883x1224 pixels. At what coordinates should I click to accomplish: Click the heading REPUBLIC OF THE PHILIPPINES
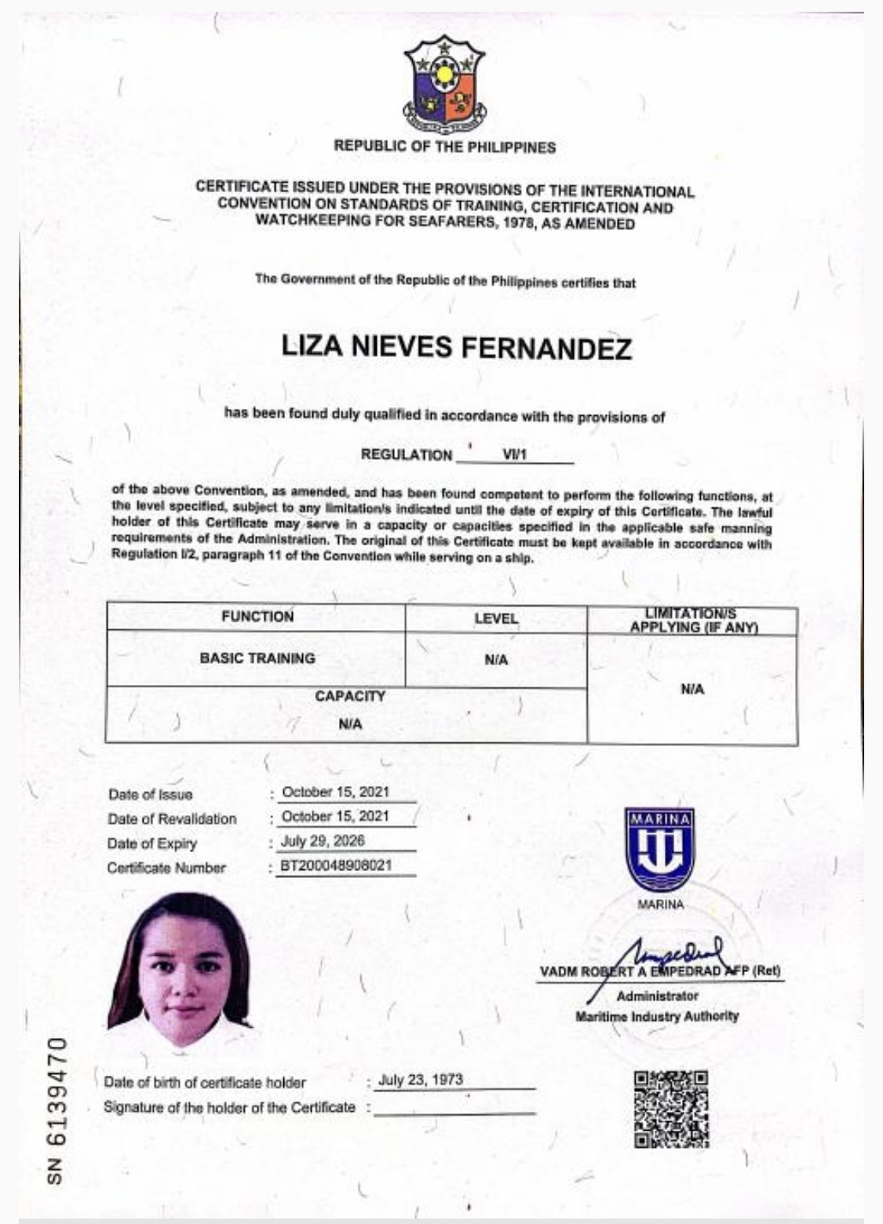444,147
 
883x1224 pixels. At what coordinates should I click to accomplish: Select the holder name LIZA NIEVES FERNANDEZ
456,348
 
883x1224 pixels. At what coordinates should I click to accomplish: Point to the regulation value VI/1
514,454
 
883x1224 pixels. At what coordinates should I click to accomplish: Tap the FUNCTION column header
257,617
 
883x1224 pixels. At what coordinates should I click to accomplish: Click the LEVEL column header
496,618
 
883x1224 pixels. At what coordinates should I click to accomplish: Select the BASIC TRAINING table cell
257,658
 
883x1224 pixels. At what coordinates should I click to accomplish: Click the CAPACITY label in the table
350,696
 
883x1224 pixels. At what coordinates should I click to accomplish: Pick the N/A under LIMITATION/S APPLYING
692,689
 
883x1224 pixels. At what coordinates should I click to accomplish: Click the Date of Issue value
335,792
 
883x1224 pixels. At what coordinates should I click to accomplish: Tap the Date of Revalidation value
335,816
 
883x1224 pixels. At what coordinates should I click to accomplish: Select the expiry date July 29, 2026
323,841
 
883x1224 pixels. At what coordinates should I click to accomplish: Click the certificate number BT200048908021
335,866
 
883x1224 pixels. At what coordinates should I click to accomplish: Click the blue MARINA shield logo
660,851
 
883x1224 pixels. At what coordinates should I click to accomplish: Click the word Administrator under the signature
657,996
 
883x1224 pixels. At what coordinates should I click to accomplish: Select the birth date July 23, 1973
420,1080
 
